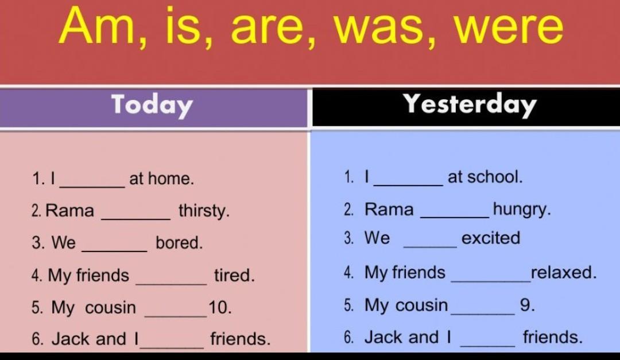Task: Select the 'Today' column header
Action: click(x=152, y=105)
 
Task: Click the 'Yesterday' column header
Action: click(x=470, y=104)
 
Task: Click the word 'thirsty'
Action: click(x=204, y=211)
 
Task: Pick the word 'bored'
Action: click(x=179, y=242)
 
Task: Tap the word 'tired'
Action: click(x=234, y=275)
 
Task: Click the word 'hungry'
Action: click(x=521, y=209)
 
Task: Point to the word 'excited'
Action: click(x=491, y=238)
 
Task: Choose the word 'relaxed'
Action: click(x=564, y=273)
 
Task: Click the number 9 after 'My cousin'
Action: click(x=527, y=305)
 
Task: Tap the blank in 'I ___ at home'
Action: click(x=92, y=187)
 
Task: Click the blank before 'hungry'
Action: click(x=455, y=217)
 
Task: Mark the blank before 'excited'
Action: click(x=430, y=247)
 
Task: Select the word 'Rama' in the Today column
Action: click(x=69, y=211)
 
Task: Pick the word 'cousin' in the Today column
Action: click(x=110, y=308)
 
